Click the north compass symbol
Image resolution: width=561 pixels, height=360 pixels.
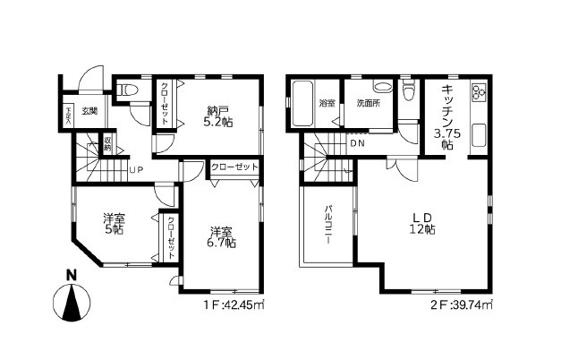point(72,301)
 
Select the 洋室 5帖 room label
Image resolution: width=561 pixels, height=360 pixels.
point(113,224)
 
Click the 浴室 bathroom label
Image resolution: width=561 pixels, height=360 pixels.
point(327,104)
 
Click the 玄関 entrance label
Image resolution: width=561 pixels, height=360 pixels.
point(90,112)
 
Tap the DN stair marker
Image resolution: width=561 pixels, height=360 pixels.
point(357,143)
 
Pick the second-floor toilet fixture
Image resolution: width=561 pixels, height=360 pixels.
point(410,90)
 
